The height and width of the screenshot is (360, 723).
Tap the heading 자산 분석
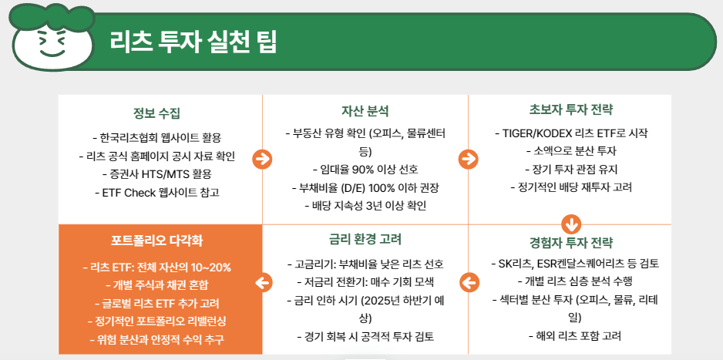pyautogui.click(x=365, y=111)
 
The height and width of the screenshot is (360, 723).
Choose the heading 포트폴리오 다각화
pyautogui.click(x=160, y=241)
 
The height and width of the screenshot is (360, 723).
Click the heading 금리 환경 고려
pyautogui.click(x=365, y=239)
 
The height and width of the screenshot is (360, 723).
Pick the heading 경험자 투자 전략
pyautogui.click(x=570, y=244)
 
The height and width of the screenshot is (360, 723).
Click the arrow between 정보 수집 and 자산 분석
pyautogui.click(x=262, y=159)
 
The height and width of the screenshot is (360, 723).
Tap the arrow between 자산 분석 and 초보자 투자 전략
pyautogui.click(x=468, y=159)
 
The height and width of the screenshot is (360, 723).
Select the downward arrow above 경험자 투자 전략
pyautogui.click(x=570, y=224)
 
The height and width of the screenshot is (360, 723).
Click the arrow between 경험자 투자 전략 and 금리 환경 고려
pyautogui.click(x=468, y=282)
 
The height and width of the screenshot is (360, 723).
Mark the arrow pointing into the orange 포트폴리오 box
pyautogui.click(x=262, y=282)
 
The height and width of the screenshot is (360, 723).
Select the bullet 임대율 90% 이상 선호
pyautogui.click(x=365, y=169)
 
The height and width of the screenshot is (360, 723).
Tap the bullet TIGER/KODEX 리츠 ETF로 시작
pyautogui.click(x=570, y=133)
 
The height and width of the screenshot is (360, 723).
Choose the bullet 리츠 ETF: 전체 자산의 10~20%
pyautogui.click(x=160, y=267)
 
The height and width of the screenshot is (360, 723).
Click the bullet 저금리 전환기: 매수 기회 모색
pyautogui.click(x=365, y=281)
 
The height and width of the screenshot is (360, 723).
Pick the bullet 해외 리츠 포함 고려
pyautogui.click(x=570, y=335)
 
